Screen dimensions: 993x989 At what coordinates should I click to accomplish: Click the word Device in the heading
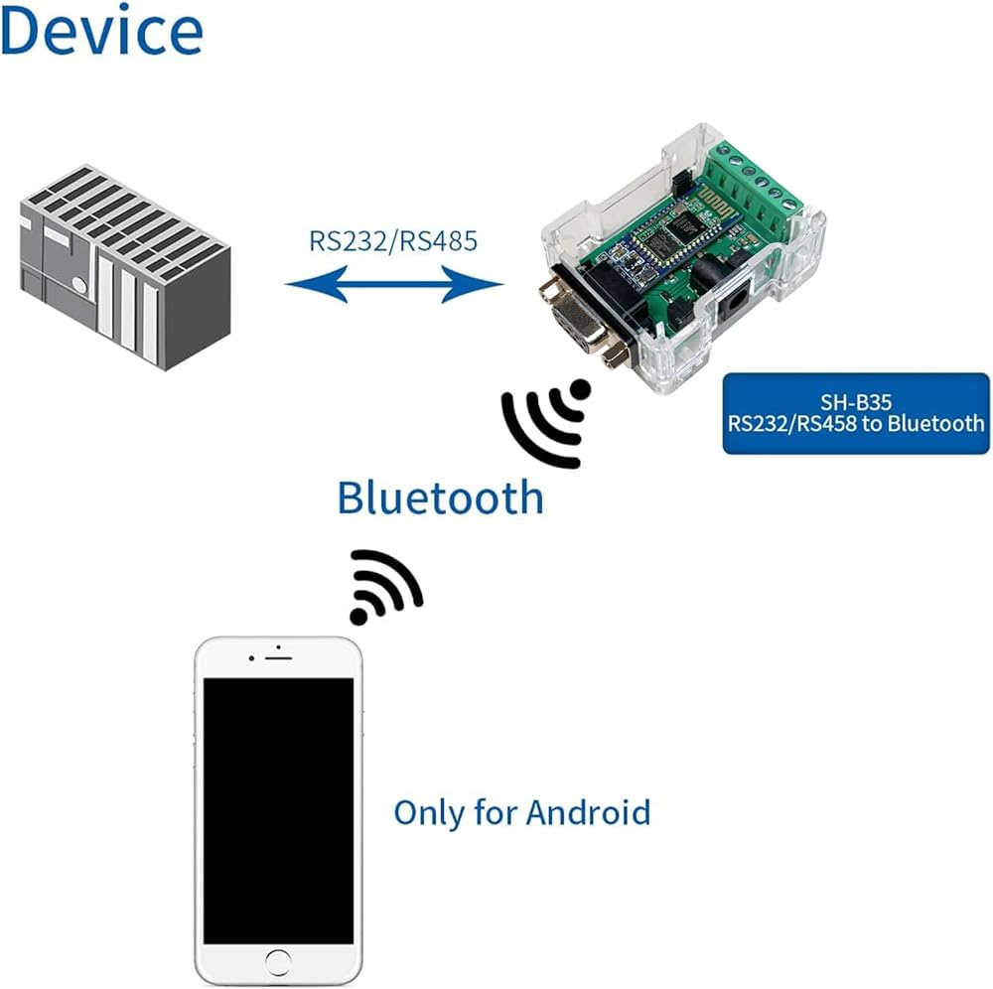click(x=102, y=29)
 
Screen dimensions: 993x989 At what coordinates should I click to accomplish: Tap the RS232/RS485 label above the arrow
click(x=392, y=241)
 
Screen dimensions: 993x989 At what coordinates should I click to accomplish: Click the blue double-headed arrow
click(x=394, y=284)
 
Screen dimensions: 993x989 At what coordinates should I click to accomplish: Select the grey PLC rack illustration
click(x=125, y=267)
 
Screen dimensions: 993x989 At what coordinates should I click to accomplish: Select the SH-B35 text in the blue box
click(x=856, y=402)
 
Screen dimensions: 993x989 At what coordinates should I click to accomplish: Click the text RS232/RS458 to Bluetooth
click(x=856, y=423)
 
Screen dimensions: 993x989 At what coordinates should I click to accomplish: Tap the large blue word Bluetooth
click(x=440, y=497)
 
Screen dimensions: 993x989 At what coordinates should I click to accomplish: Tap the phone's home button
click(x=278, y=962)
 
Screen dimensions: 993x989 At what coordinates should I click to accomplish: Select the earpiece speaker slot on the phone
click(x=278, y=659)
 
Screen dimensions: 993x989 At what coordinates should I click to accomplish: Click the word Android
click(x=588, y=812)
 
